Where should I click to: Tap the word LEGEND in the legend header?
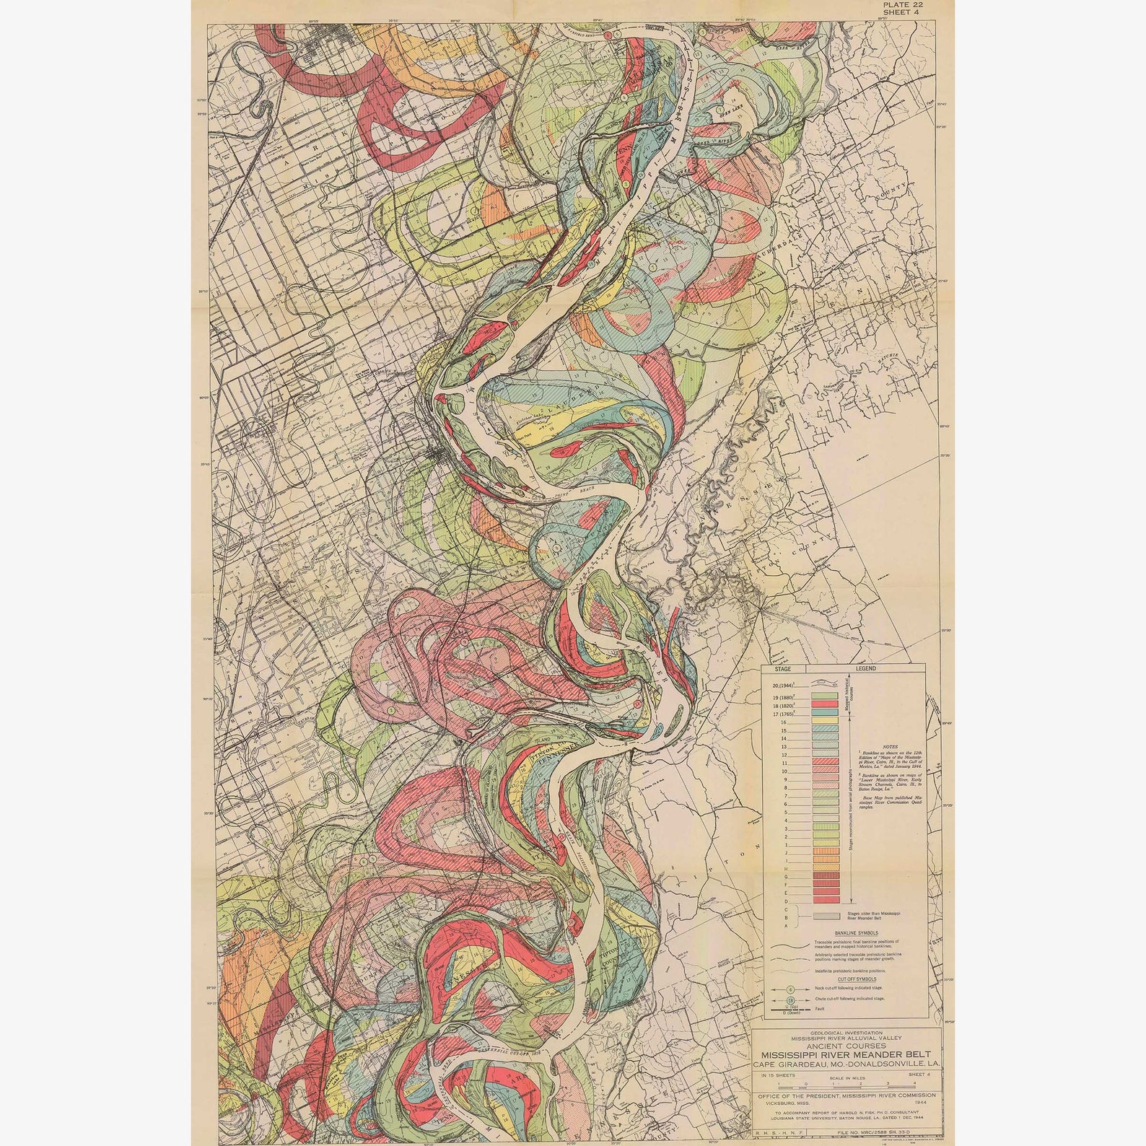click(x=866, y=668)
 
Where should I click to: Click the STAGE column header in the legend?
click(x=782, y=668)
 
